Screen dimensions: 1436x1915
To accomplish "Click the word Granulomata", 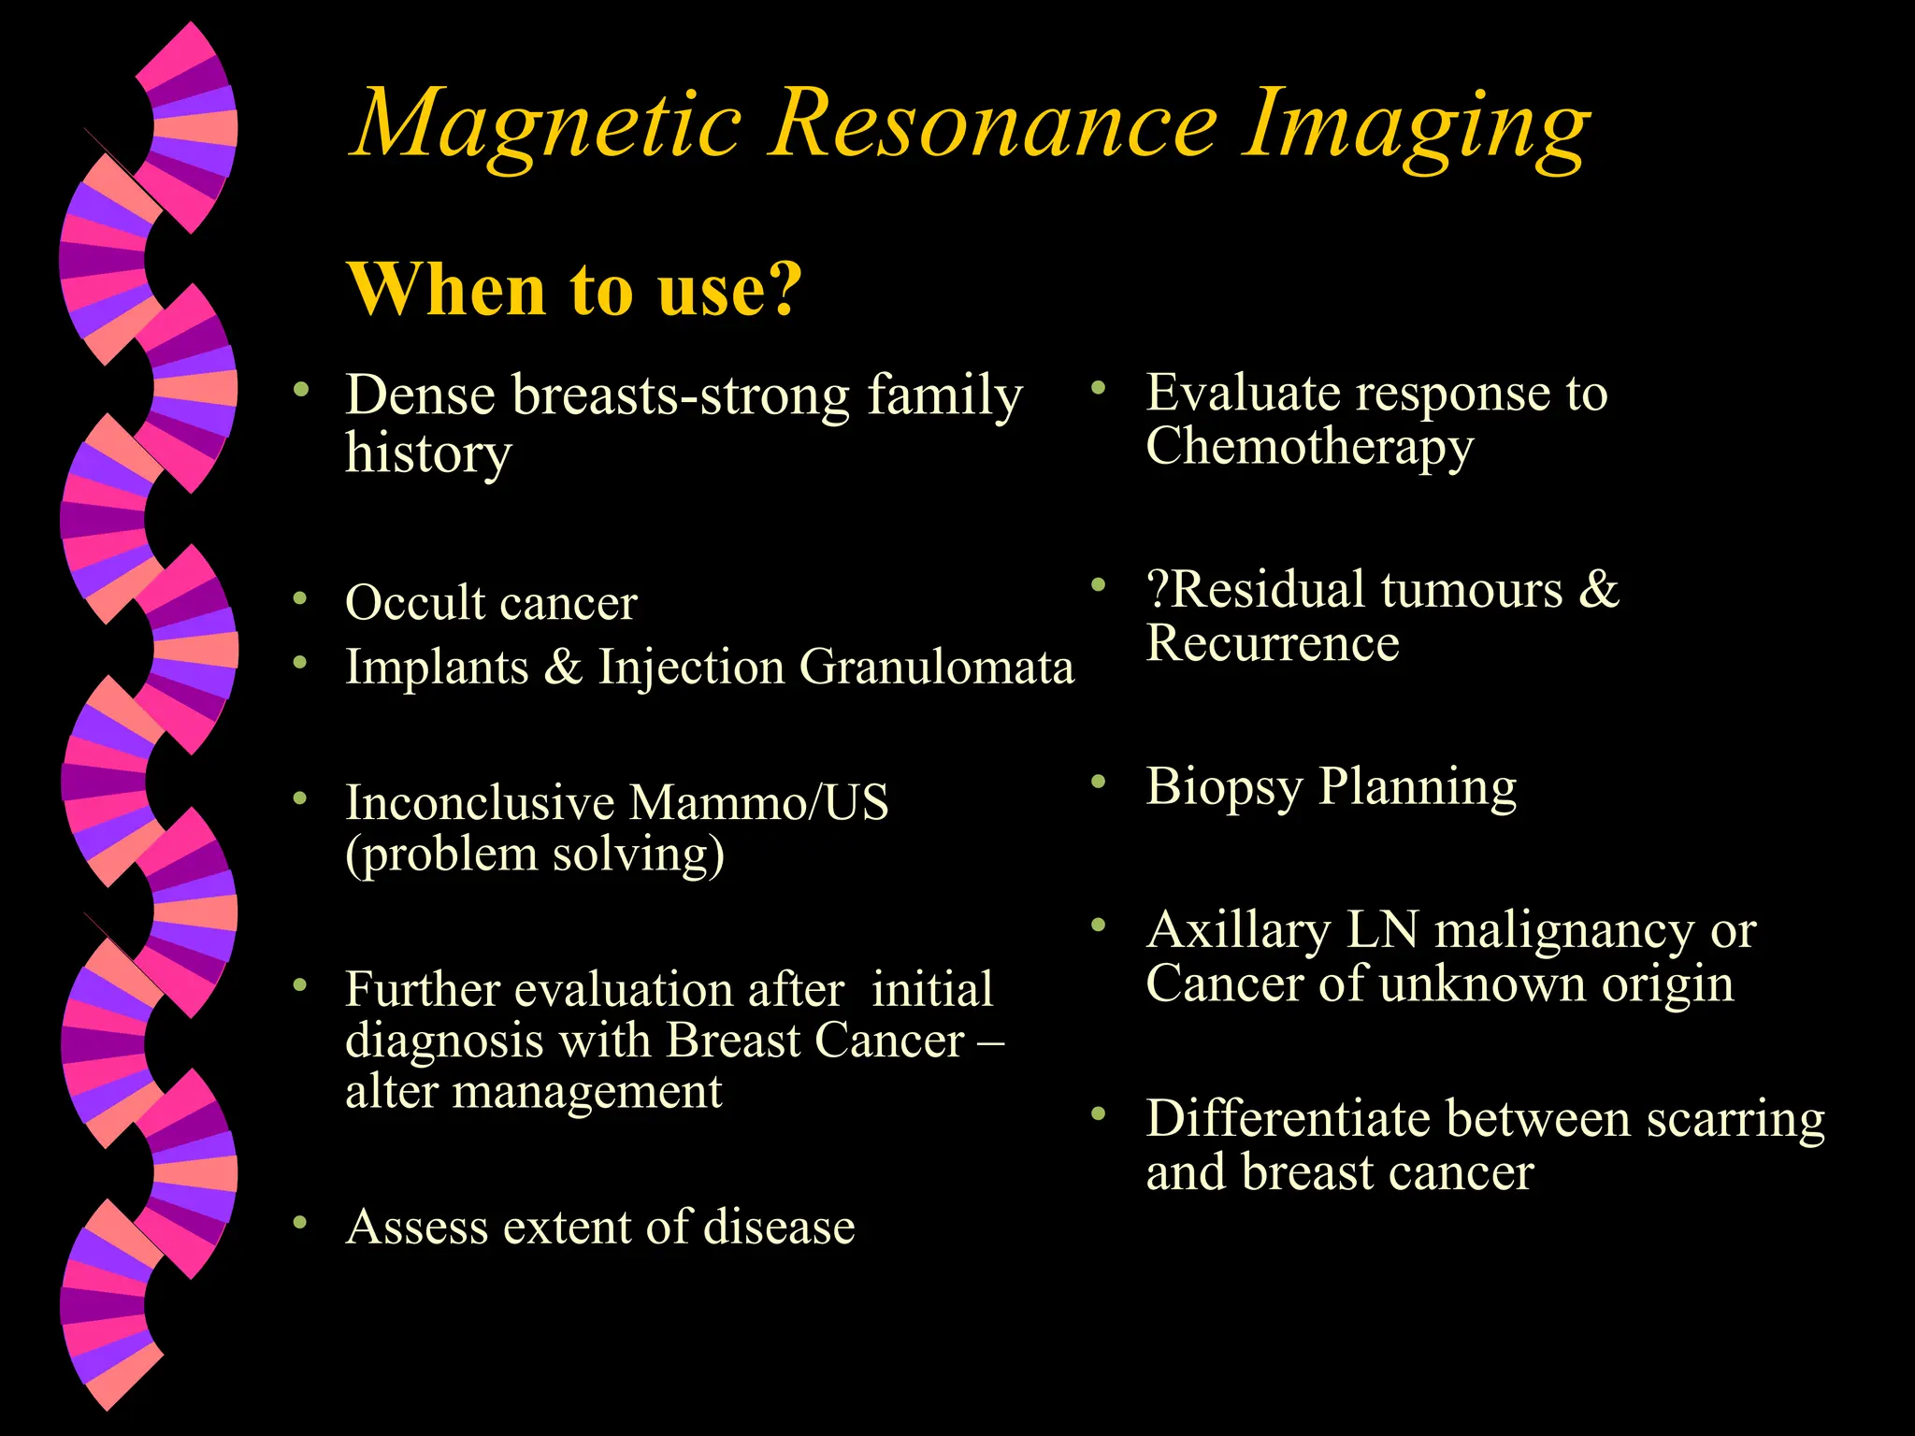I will pyautogui.click(x=936, y=668).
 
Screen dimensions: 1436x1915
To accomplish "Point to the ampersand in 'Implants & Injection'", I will pyautogui.click(x=563, y=668).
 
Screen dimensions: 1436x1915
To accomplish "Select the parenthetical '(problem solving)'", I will pyautogui.click(x=535, y=854).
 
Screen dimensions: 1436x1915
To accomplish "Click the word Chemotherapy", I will pyautogui.click(x=1309, y=447).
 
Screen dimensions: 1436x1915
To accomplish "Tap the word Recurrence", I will pyautogui.click(x=1273, y=643).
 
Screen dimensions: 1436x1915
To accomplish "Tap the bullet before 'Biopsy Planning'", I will pyautogui.click(x=1099, y=781).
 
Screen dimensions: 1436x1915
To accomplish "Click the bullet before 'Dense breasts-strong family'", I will pyautogui.click(x=299, y=388).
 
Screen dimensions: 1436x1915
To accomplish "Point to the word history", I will pyautogui.click(x=428, y=454).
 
